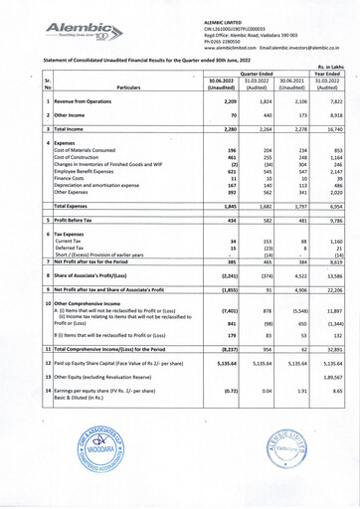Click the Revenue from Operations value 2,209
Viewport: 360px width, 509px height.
pos(225,102)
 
